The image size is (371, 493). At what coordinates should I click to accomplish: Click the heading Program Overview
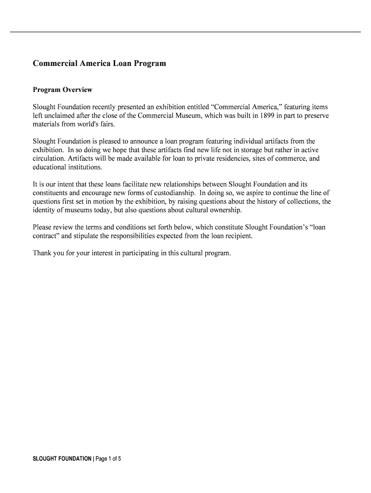click(x=62, y=90)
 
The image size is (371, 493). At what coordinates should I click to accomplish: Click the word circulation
click(x=49, y=158)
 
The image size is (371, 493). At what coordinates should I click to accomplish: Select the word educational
click(x=50, y=167)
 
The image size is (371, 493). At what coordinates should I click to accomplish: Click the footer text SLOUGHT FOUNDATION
click(x=62, y=458)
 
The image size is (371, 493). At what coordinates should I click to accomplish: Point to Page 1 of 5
click(x=108, y=458)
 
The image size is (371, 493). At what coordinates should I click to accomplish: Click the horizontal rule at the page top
click(x=185, y=32)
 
